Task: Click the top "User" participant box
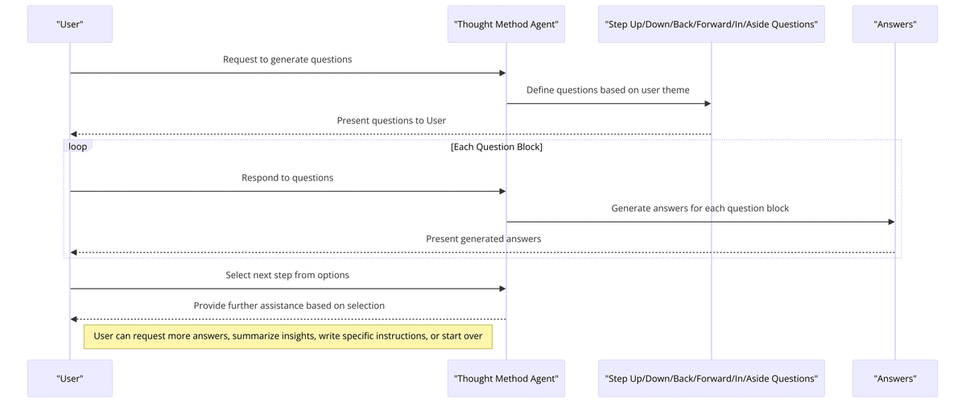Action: [70, 24]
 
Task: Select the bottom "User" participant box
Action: [70, 378]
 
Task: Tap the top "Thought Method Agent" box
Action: [506, 24]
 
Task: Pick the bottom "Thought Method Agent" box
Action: [506, 378]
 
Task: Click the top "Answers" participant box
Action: [894, 24]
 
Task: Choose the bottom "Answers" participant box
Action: [894, 378]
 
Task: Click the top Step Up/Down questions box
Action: [711, 24]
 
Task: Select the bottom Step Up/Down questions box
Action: [711, 378]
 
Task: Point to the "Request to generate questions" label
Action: [287, 60]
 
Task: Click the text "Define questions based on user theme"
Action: [608, 90]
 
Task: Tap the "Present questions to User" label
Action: [391, 121]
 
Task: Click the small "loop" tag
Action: [78, 147]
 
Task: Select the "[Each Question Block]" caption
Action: [497, 147]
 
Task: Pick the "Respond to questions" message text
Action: [287, 177]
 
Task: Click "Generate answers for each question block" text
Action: [700, 208]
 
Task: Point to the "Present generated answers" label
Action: [483, 239]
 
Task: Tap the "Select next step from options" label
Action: [287, 275]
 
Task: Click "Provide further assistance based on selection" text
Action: [289, 305]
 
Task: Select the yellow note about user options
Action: [288, 336]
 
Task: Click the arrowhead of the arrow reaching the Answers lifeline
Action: [890, 222]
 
